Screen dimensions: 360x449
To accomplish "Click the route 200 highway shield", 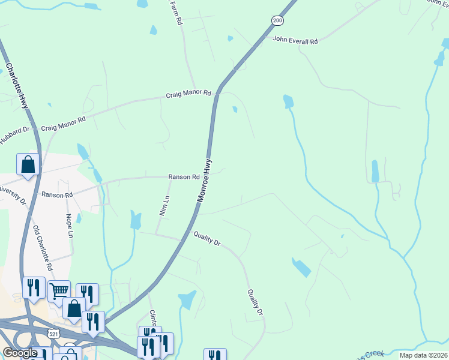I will tap(277, 20).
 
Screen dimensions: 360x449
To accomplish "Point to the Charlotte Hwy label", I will tap(17, 86).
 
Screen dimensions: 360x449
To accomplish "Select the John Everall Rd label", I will tap(295, 41).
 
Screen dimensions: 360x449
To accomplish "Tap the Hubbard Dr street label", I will tap(14, 134).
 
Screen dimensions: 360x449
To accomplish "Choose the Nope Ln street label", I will tap(70, 226).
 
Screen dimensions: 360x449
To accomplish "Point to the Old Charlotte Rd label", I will tap(44, 247).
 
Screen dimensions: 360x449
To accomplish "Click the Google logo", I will tap(20, 353).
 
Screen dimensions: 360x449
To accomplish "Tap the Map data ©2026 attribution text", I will tap(423, 355).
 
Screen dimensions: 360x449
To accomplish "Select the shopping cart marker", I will tap(59, 291).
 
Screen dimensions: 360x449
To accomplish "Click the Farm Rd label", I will tap(176, 12).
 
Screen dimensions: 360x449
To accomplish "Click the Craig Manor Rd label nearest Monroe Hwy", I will tap(189, 94).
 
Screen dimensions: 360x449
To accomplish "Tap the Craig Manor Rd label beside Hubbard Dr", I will tap(63, 124).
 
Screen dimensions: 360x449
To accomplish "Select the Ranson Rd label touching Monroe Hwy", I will tap(183, 177).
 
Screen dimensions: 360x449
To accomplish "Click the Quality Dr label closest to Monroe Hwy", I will tap(207, 239).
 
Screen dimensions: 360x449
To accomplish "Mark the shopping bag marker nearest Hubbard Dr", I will tap(28, 164).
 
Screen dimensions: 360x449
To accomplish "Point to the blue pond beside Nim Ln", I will tap(136, 220).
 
